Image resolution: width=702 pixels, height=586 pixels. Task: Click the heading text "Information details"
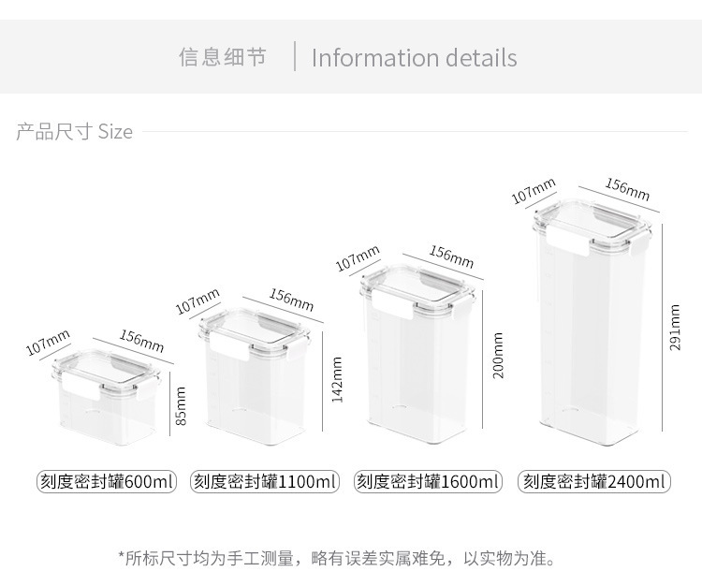[414, 58]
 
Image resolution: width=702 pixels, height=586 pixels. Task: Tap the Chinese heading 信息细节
[223, 57]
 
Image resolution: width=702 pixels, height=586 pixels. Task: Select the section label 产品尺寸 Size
[75, 132]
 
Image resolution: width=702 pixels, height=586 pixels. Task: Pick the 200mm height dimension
[498, 355]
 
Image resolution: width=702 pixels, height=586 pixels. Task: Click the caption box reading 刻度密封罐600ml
[107, 482]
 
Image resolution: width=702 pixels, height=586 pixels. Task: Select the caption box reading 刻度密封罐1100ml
[266, 482]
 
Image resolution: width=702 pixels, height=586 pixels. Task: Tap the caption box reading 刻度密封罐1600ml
[429, 482]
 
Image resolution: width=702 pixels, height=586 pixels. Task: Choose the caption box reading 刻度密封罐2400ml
[594, 482]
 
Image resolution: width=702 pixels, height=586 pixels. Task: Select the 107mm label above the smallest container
[48, 343]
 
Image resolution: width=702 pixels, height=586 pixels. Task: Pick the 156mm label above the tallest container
[626, 190]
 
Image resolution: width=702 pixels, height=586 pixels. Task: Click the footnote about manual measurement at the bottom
[337, 559]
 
